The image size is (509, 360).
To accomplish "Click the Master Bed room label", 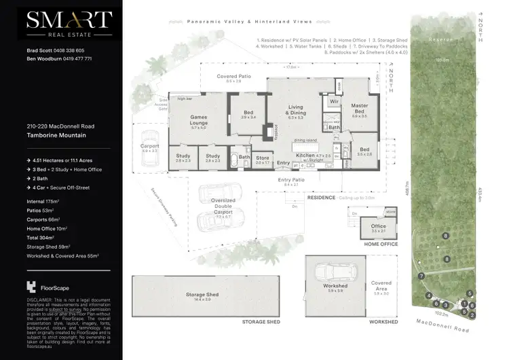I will pyautogui.click(x=359, y=109).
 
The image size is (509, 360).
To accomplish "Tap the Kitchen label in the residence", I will pyautogui.click(x=305, y=156).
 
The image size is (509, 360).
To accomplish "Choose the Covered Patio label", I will pyautogui.click(x=233, y=78).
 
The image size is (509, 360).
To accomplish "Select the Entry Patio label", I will pyautogui.click(x=292, y=181).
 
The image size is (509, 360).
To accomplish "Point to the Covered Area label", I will pyautogui.click(x=381, y=285).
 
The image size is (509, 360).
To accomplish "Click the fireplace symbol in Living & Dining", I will pyautogui.click(x=268, y=130).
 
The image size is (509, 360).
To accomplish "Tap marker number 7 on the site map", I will pyautogui.click(x=421, y=276).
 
